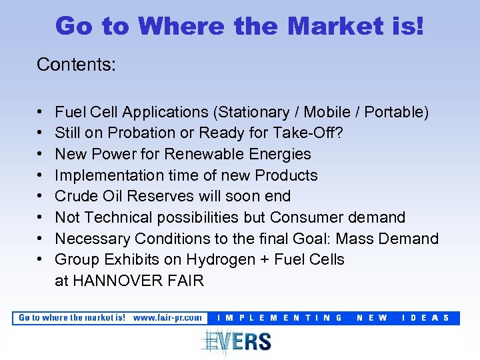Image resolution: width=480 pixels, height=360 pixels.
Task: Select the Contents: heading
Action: click(x=77, y=65)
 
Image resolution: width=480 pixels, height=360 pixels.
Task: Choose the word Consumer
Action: click(x=312, y=217)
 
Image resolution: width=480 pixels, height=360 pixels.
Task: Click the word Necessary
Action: click(x=92, y=239)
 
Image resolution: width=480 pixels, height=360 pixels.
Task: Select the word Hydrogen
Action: click(x=215, y=259)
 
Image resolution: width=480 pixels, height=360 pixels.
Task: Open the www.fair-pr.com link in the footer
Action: click(x=167, y=318)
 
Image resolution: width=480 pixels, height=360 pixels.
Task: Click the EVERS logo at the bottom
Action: click(x=237, y=341)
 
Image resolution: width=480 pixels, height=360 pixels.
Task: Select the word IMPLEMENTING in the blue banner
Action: click(x=280, y=318)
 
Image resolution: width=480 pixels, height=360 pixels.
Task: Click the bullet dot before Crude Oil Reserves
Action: click(x=41, y=197)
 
